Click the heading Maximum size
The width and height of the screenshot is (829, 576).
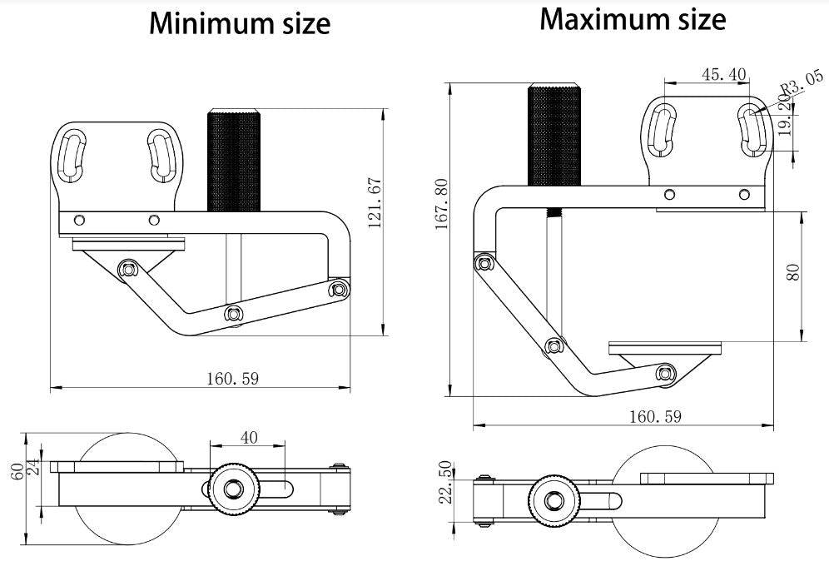click(633, 18)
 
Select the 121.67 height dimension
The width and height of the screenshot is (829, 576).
click(374, 203)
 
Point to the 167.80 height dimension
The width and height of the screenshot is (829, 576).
click(441, 203)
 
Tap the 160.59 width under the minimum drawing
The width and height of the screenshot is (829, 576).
click(233, 379)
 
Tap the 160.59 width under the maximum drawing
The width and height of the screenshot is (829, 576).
click(654, 416)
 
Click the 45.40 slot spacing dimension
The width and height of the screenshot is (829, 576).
click(723, 74)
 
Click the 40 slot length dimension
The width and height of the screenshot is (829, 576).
click(249, 437)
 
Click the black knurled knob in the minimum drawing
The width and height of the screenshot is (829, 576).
click(234, 160)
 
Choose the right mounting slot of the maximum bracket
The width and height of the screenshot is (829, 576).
click(752, 132)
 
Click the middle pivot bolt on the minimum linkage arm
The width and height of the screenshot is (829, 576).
click(233, 314)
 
